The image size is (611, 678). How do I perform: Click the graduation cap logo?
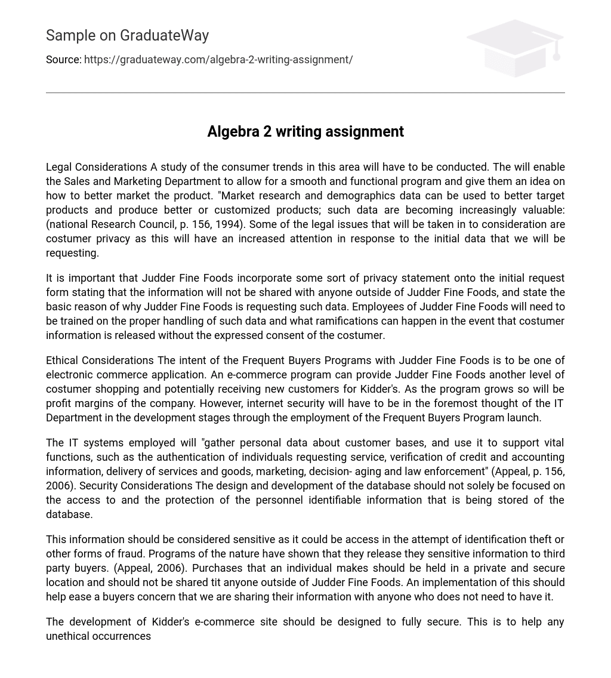(x=514, y=48)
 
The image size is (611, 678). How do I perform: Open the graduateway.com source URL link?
(x=218, y=60)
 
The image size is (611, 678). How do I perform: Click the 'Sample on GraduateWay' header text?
(x=127, y=36)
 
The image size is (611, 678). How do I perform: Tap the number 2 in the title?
(x=267, y=131)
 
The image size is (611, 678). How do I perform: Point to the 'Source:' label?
(x=63, y=60)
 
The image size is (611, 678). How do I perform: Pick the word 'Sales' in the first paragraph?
(x=76, y=181)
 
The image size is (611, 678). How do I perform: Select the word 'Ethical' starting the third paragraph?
(x=63, y=360)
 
